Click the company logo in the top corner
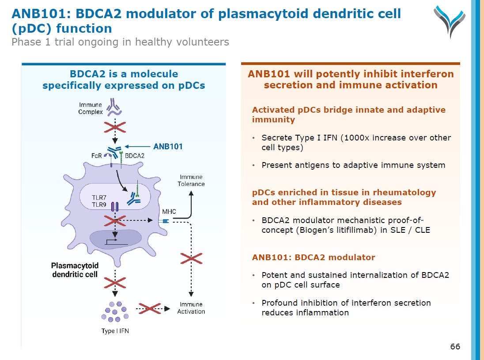point(450,20)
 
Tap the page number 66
point(455,346)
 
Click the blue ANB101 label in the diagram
point(168,146)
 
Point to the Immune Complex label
point(91,108)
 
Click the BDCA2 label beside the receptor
point(135,155)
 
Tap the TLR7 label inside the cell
point(99,197)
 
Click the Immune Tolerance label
point(191,180)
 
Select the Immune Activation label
point(191,308)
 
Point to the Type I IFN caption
point(115,331)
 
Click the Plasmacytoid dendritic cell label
point(75,270)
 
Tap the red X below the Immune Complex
point(115,128)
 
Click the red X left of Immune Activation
point(150,309)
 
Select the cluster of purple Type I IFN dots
point(115,311)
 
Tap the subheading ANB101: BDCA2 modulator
point(314,257)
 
